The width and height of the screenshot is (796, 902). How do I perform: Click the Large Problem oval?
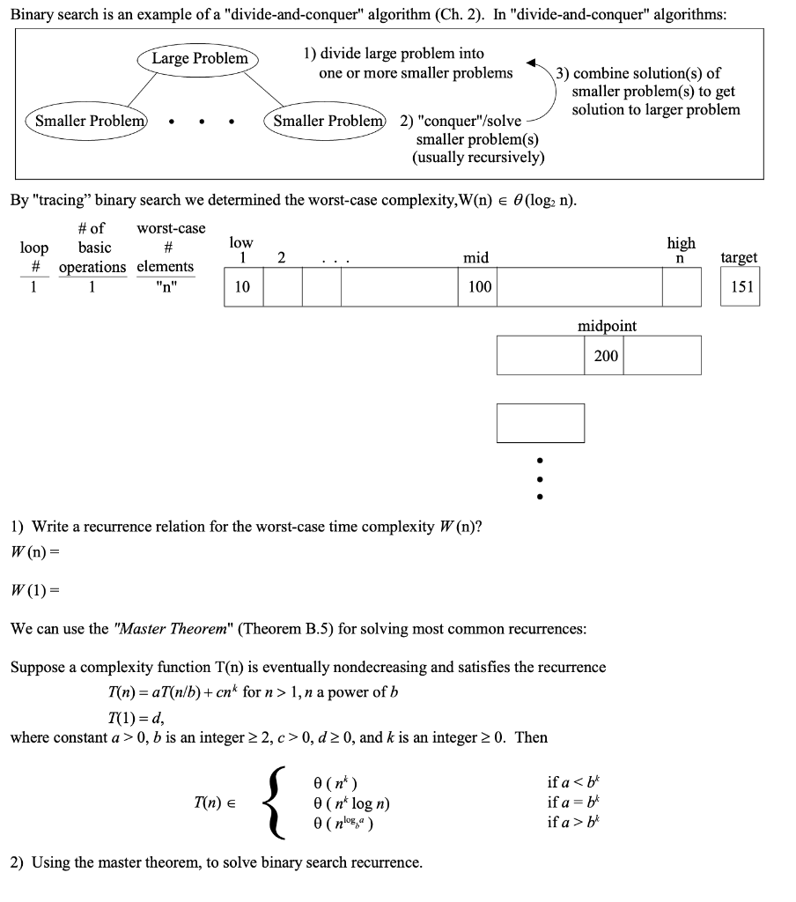click(x=200, y=59)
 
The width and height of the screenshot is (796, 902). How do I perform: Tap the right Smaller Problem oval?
click(x=327, y=121)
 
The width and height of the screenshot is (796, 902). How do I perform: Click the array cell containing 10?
click(x=244, y=287)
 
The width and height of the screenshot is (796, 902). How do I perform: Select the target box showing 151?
click(x=740, y=287)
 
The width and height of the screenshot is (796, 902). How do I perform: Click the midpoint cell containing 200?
click(x=605, y=355)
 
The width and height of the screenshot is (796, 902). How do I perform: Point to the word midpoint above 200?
click(x=607, y=326)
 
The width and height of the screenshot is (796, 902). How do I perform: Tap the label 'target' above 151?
click(x=739, y=257)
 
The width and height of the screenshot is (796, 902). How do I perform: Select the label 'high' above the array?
click(x=681, y=242)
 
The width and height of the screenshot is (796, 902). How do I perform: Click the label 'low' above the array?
click(x=240, y=242)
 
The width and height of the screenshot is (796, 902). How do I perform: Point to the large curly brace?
click(x=277, y=802)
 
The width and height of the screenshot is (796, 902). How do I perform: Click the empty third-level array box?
click(x=541, y=423)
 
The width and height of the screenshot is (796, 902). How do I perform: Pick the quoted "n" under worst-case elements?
click(x=165, y=287)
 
